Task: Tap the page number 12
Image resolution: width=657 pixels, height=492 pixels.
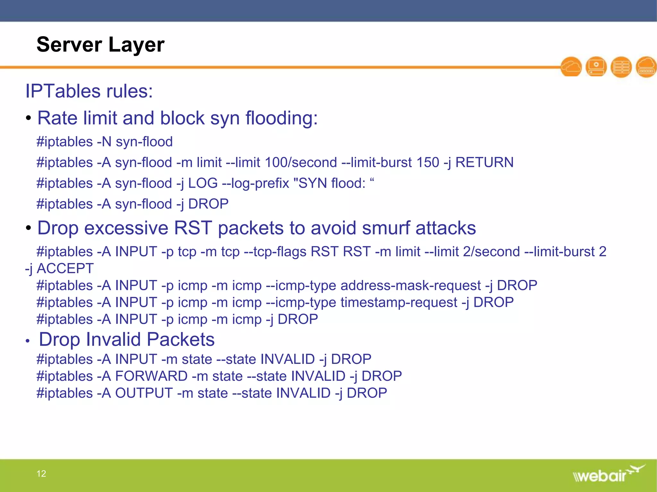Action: [41, 473]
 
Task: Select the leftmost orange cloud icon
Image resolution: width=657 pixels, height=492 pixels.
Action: [571, 67]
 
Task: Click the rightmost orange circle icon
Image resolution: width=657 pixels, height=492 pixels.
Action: [646, 67]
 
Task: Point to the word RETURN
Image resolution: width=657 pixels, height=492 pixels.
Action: [484, 162]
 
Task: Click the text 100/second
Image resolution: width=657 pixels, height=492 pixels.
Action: [301, 162]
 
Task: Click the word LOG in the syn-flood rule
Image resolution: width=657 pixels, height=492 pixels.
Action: [203, 183]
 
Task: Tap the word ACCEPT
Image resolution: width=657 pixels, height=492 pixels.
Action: [65, 268]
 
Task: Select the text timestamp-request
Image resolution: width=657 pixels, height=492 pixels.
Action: [399, 302]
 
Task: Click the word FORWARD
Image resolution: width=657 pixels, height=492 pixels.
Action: [151, 376]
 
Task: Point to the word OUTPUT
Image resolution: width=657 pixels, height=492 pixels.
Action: [144, 393]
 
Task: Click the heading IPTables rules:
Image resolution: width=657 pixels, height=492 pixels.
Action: [89, 91]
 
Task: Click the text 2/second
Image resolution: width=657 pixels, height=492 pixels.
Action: [491, 252]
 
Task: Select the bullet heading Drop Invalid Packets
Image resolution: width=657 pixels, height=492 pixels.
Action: [127, 340]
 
